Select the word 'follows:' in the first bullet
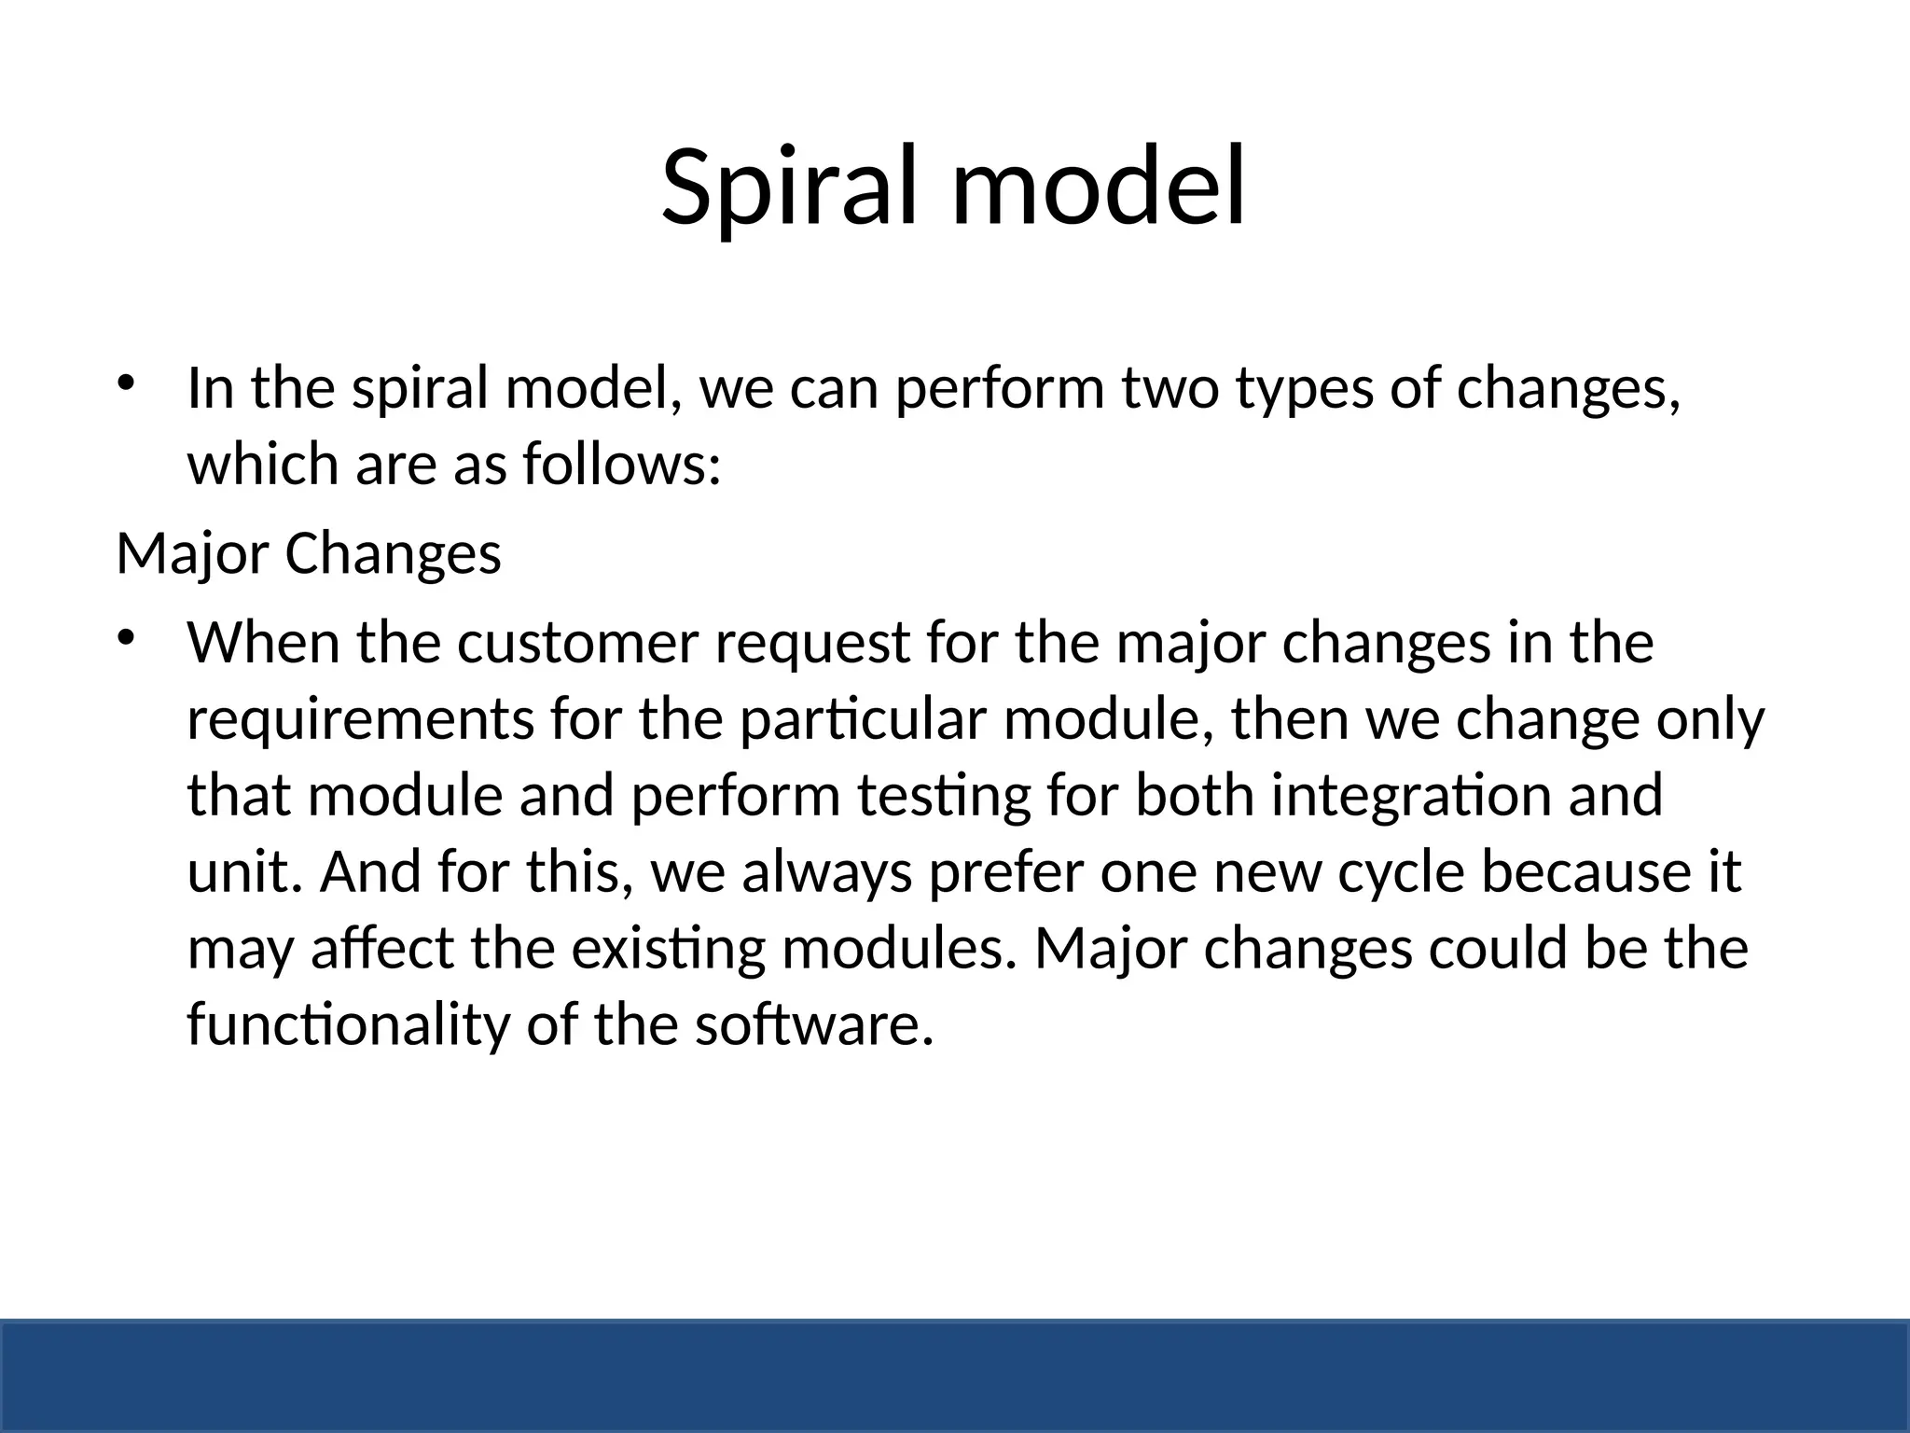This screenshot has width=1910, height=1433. (x=621, y=465)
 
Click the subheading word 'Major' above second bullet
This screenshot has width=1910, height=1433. (x=192, y=554)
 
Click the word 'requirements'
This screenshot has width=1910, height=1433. (x=360, y=720)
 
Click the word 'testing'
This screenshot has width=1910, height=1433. (x=943, y=797)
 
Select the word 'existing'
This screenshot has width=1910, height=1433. (x=668, y=950)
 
